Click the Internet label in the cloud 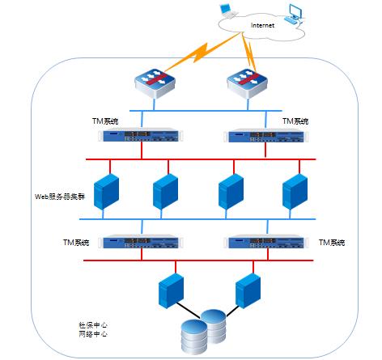[x=262, y=25]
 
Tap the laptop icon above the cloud [x=228, y=11]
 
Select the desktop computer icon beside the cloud [x=294, y=15]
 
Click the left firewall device [x=155, y=83]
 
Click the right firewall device [x=247, y=83]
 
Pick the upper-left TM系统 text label [x=105, y=121]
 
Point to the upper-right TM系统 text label [x=295, y=121]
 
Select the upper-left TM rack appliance [x=141, y=135]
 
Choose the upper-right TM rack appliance [x=266, y=135]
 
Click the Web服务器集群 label [x=60, y=197]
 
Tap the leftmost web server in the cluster [x=106, y=192]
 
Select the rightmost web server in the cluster [x=295, y=192]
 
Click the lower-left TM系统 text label [x=76, y=243]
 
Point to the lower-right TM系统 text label [x=332, y=243]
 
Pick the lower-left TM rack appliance [x=141, y=241]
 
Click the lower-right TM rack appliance [x=266, y=242]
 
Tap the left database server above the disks [x=171, y=290]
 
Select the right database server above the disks [x=248, y=290]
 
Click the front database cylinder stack [x=194, y=337]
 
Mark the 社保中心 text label [x=93, y=325]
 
